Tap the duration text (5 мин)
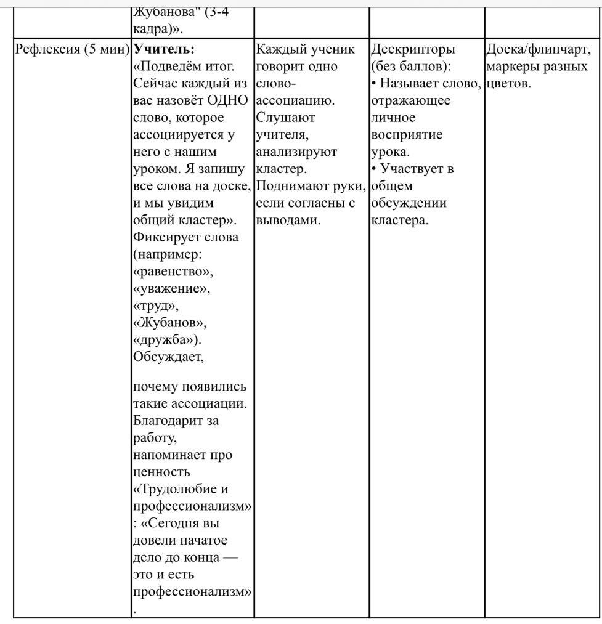coord(107,49)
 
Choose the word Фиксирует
coord(167,237)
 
